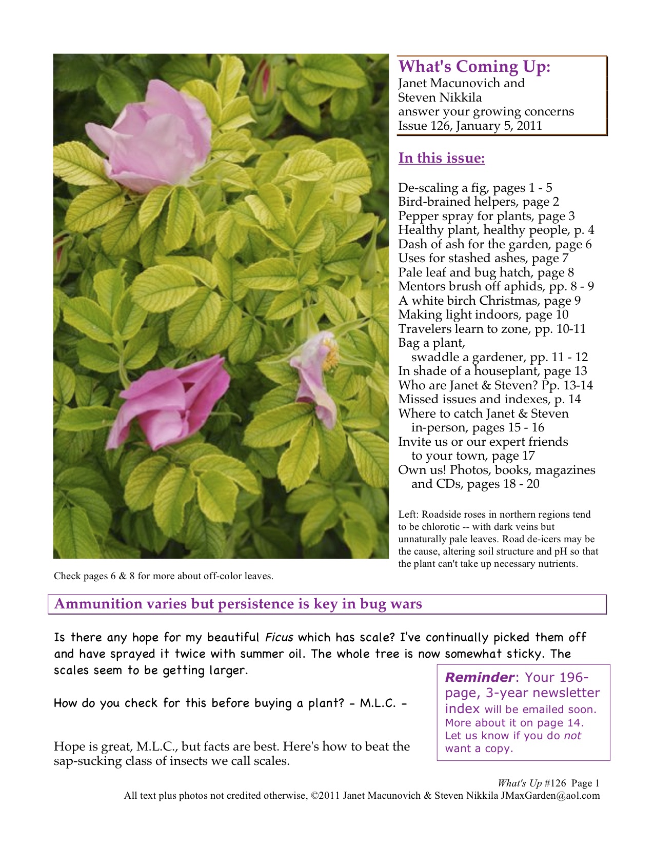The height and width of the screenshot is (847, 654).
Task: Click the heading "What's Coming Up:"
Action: coord(474,67)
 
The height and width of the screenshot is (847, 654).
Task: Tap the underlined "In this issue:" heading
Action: coord(441,158)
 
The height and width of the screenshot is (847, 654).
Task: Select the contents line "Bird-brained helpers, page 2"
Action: coord(478,202)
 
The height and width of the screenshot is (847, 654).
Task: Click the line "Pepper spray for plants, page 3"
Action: coord(486,216)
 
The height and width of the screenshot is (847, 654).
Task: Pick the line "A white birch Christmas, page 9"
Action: coord(489,301)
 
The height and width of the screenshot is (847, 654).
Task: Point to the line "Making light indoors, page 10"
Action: coord(483,314)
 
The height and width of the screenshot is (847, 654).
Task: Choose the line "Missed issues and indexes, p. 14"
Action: coord(489,399)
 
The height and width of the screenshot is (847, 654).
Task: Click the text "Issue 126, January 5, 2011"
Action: coord(469,126)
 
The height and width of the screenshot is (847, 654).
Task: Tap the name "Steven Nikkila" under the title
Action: coord(440,97)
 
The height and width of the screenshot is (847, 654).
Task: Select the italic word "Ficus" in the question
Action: coord(279,638)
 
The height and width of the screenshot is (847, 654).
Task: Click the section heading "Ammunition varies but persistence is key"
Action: coord(238,604)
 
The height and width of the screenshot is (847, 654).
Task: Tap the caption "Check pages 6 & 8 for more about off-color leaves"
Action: coord(163,576)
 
